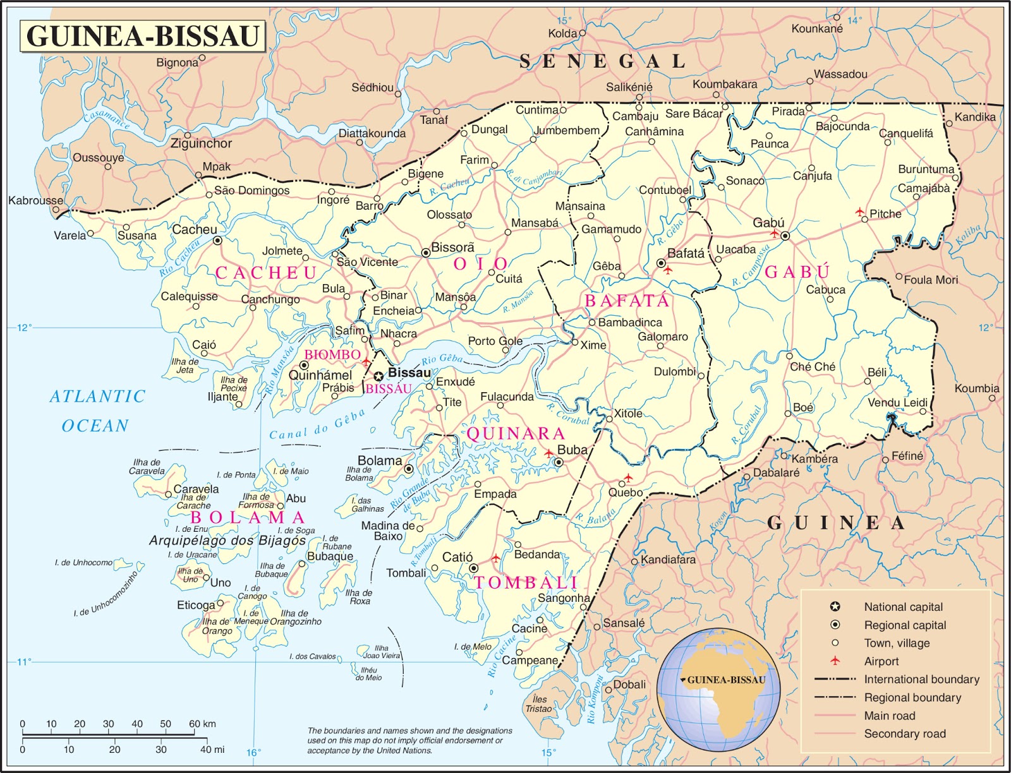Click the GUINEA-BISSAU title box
click(143, 36)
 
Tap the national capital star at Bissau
click(378, 376)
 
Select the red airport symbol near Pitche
click(860, 212)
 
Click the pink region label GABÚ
click(797, 272)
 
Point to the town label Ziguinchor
click(201, 144)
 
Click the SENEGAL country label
click(602, 61)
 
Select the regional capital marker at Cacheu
click(217, 241)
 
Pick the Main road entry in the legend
click(889, 716)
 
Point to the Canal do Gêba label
click(317, 425)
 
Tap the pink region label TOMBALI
click(526, 582)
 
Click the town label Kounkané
click(816, 29)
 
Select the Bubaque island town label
click(330, 556)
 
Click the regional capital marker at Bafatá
click(661, 263)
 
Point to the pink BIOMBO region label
click(332, 355)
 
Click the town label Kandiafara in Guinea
click(667, 560)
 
